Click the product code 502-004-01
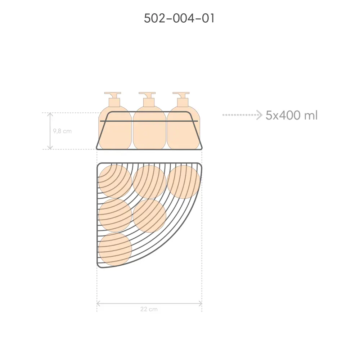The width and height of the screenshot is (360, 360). [179, 18]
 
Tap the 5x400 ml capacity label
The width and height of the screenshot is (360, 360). [292, 115]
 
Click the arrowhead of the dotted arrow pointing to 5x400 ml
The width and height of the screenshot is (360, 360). [260, 115]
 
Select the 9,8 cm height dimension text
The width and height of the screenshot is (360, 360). [62, 131]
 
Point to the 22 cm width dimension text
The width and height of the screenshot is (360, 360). [149, 309]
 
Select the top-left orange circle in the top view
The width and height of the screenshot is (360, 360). [115, 182]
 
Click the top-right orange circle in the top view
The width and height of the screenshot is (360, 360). [184, 182]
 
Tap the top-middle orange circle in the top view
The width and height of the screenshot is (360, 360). [149, 182]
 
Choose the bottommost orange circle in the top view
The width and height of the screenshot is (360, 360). [115, 249]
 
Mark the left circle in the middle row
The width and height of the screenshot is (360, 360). [115, 215]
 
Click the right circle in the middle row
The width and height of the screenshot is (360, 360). [149, 215]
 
